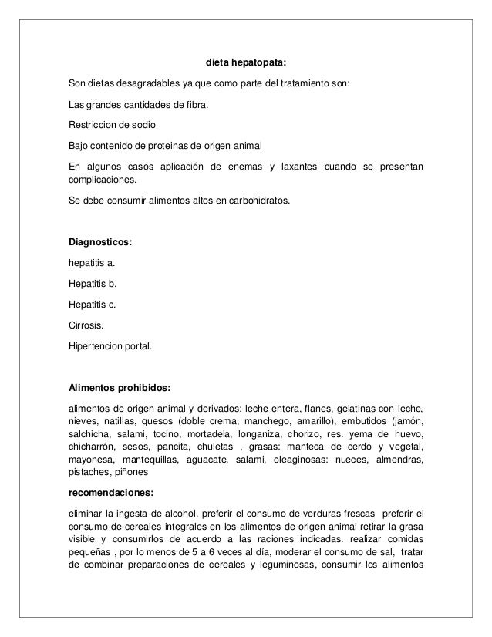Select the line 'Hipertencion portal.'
(x=110, y=346)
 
